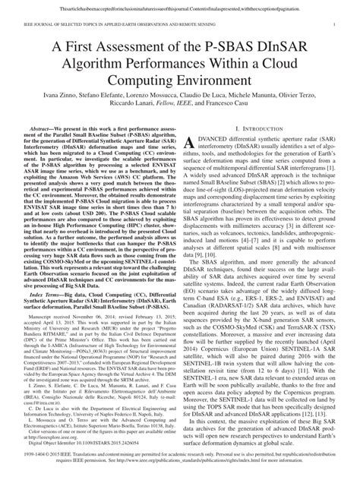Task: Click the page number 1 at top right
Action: click(x=334, y=24)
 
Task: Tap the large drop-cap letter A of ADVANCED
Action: click(x=196, y=145)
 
